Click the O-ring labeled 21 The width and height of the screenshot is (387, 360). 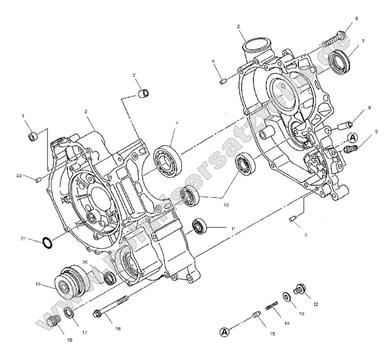pos(47,243)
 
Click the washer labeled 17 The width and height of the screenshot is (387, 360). pos(70,313)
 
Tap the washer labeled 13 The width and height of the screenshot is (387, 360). pos(286,297)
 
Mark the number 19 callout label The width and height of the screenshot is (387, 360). pos(38,284)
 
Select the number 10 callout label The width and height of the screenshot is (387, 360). pos(226,205)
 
